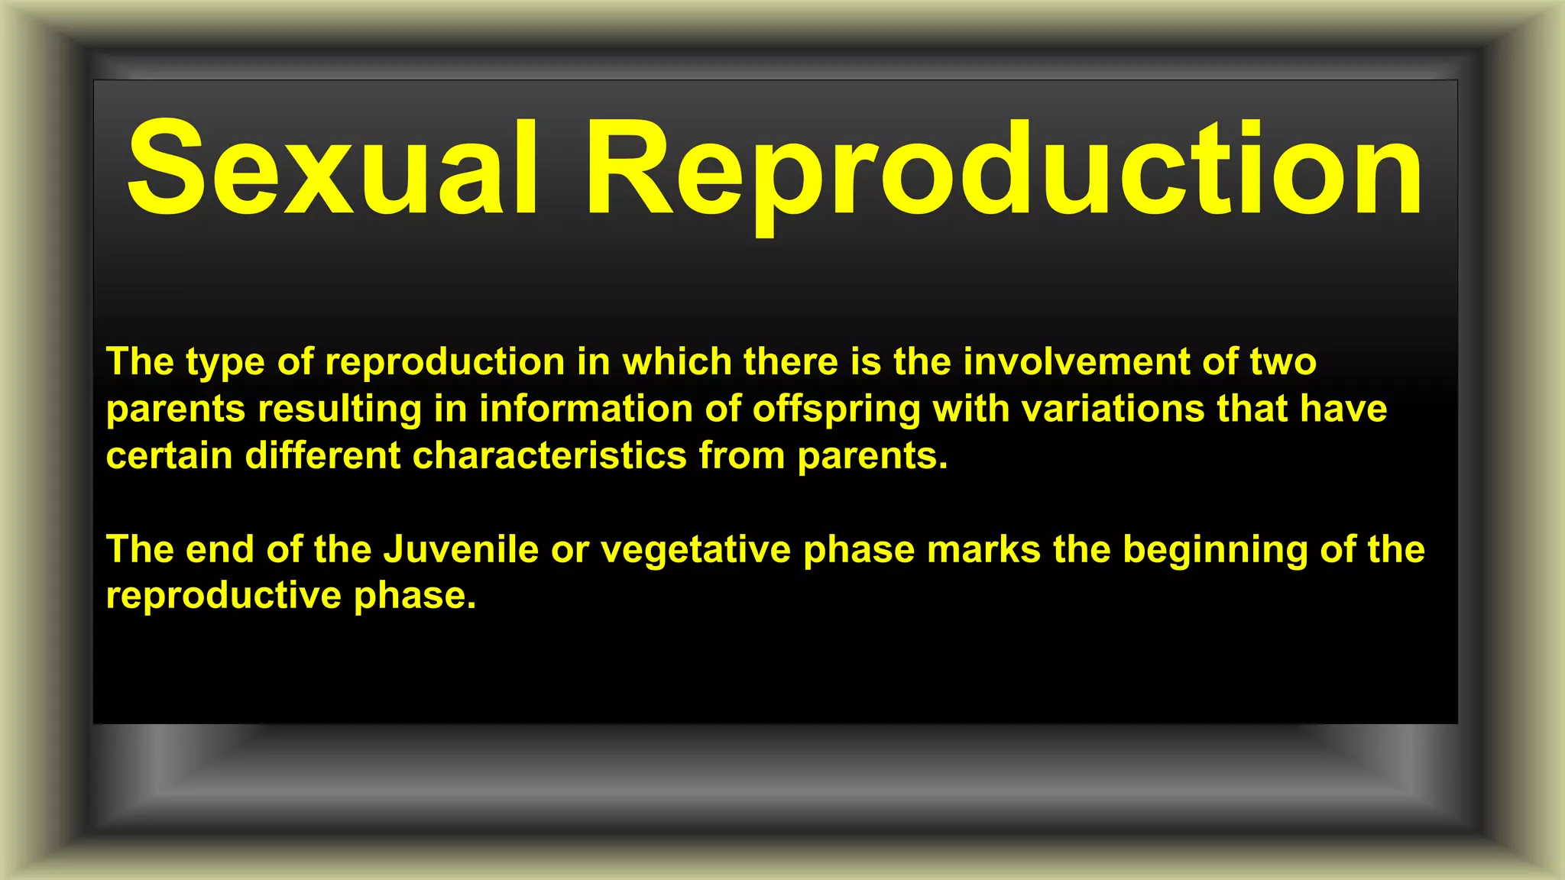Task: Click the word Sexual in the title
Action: pos(333,168)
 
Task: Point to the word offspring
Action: pos(837,410)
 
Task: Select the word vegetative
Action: pos(695,551)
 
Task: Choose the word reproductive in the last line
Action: pos(223,596)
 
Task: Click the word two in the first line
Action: pos(1283,361)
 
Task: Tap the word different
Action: pos(322,456)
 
